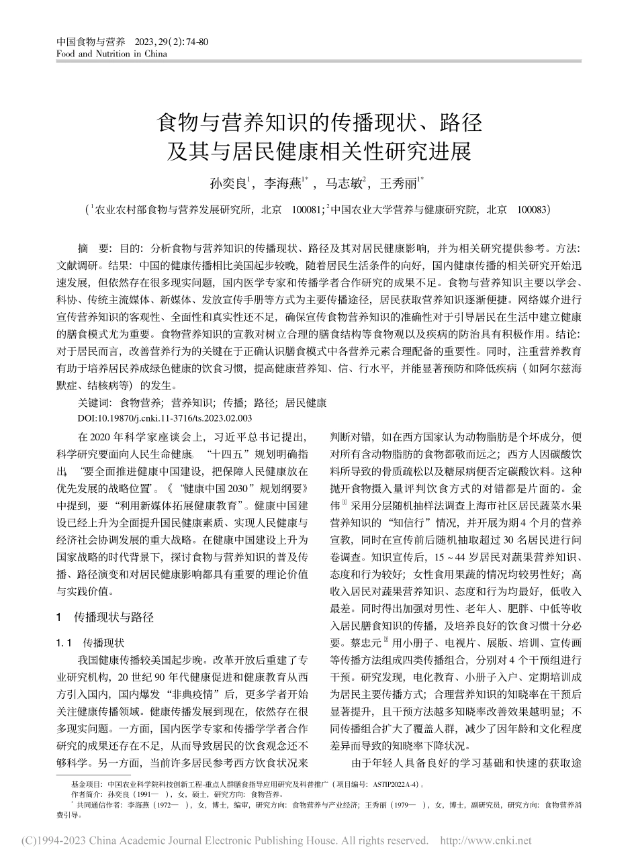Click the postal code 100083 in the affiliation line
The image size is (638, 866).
[x=531, y=209]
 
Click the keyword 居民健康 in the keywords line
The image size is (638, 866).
[x=306, y=403]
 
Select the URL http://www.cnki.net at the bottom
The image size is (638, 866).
[x=485, y=840]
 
